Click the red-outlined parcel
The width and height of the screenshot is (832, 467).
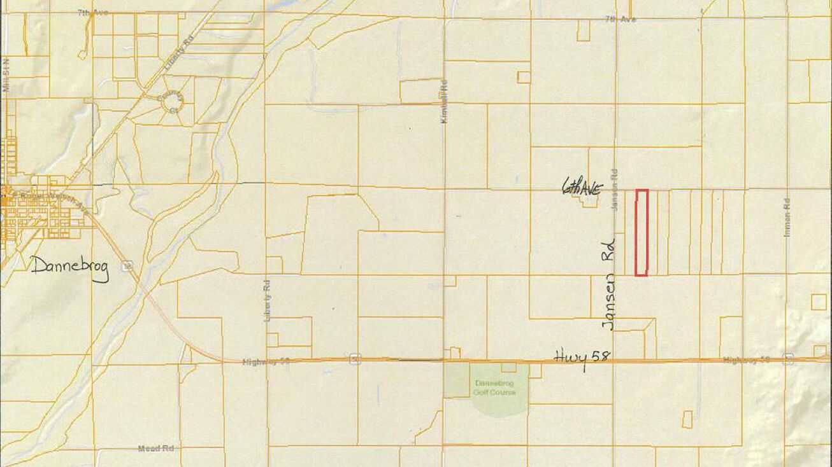pos(642,233)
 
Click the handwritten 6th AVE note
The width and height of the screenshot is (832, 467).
pos(582,188)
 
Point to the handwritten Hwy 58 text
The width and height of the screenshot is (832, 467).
pos(582,357)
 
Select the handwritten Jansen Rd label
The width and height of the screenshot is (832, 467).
pos(610,283)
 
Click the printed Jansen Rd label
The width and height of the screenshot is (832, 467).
pos(615,190)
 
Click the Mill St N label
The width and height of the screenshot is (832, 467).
pos(7,77)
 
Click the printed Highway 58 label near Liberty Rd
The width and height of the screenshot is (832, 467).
pos(266,361)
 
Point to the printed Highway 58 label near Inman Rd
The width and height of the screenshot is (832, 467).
pos(746,360)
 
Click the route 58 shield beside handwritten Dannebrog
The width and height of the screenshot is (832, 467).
pos(128,265)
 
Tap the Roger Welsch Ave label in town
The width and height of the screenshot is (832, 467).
pos(51,197)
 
